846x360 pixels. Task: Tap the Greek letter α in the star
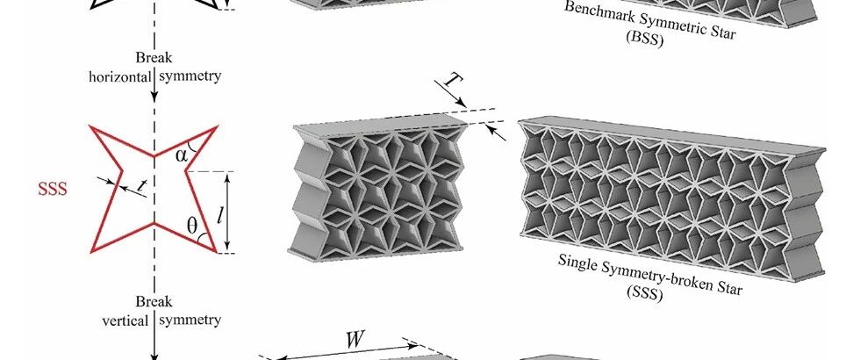(182, 155)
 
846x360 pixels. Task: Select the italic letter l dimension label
(246, 212)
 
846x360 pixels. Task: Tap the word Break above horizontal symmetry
(154, 59)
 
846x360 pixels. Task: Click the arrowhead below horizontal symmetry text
(154, 95)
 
